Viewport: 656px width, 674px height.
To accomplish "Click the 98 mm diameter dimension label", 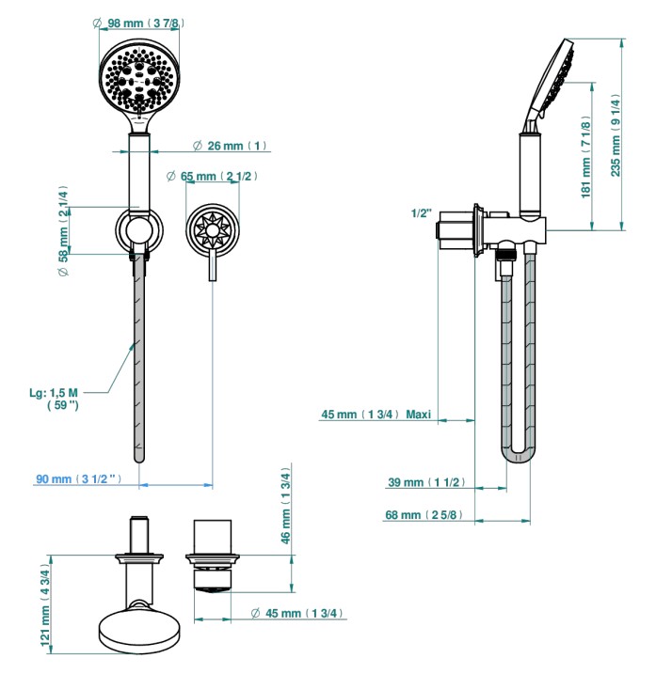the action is (138, 23).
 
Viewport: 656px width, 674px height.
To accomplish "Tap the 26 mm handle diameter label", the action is (230, 146).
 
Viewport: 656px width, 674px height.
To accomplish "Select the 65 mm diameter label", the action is (212, 176).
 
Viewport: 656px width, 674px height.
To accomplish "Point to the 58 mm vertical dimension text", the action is (63, 231).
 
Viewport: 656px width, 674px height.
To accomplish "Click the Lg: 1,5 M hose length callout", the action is (55, 399).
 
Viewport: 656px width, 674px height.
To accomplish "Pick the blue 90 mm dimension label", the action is (78, 478).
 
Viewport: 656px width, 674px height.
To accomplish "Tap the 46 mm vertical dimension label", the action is (285, 506).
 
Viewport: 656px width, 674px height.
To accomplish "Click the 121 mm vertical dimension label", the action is (45, 604).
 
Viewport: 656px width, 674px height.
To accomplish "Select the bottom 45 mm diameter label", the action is (297, 613).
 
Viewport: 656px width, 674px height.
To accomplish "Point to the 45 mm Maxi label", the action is (376, 415).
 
